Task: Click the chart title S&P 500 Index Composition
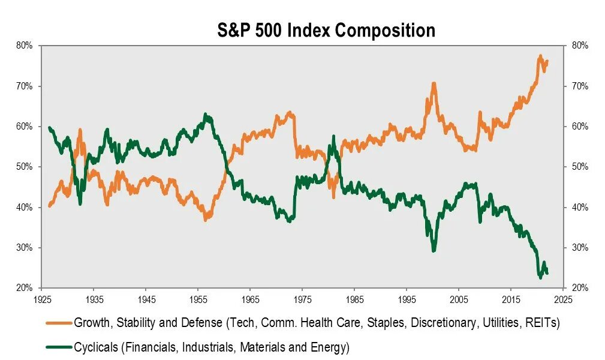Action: tap(326, 30)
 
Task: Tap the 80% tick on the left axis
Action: tap(25, 46)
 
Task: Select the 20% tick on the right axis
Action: tap(580, 288)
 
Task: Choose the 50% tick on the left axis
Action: tap(25, 167)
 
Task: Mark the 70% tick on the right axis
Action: tap(580, 86)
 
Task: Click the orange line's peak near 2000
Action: tap(433, 84)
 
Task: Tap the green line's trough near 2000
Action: tap(434, 250)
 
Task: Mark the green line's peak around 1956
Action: tap(206, 114)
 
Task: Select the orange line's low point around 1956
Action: tap(205, 220)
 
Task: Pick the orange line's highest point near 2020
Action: tap(540, 56)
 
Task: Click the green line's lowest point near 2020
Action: tap(540, 277)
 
